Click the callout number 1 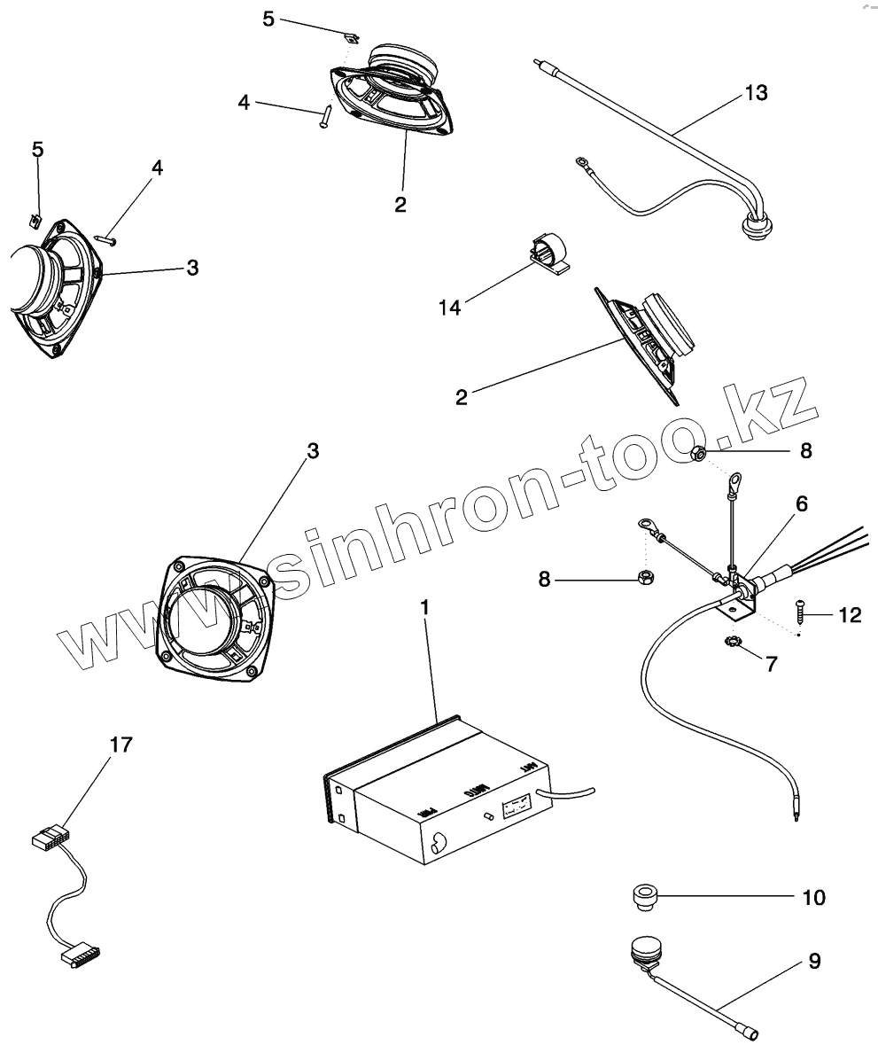click(425, 608)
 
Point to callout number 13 click(756, 92)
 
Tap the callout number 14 click(451, 307)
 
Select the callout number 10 click(813, 897)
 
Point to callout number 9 click(813, 961)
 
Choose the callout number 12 click(849, 614)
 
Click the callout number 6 click(801, 503)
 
